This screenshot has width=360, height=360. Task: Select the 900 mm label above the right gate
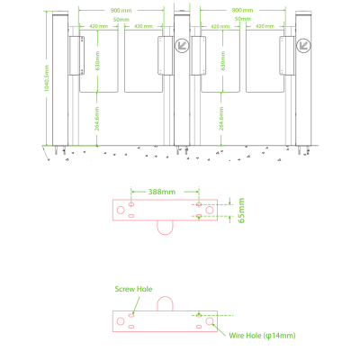[241, 10]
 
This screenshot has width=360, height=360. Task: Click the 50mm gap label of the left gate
[120, 19]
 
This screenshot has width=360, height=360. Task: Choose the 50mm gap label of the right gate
[241, 19]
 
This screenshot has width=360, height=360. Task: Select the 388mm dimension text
[163, 192]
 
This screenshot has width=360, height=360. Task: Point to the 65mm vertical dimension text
[239, 212]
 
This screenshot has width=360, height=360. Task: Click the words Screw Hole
[133, 290]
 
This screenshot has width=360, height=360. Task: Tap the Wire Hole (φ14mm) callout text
[262, 336]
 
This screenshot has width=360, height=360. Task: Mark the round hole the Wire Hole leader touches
[210, 320]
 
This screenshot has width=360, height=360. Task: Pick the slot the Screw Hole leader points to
[132, 315]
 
